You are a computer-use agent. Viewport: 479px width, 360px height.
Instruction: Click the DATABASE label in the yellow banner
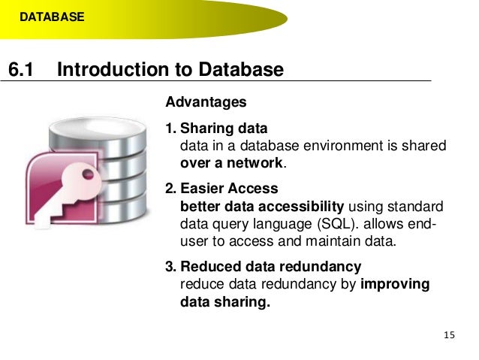(x=52, y=15)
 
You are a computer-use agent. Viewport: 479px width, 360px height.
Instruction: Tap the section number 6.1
(x=22, y=70)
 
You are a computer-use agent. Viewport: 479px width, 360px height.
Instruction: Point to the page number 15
(x=450, y=334)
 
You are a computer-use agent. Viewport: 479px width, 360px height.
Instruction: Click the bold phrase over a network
(x=233, y=162)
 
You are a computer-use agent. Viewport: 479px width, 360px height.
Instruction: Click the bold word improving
(x=396, y=285)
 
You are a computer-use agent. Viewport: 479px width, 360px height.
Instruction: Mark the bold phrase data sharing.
(x=224, y=302)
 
